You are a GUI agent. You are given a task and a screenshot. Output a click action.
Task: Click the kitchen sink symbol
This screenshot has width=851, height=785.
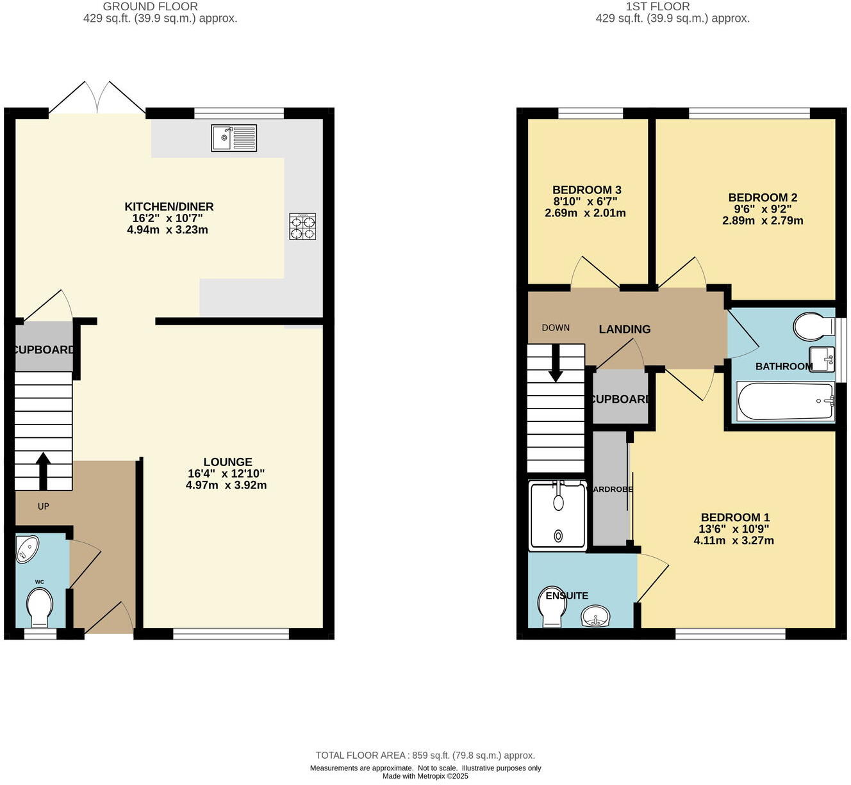pos(234,138)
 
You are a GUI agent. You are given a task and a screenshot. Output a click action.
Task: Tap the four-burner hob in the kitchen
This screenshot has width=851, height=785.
pos(302,226)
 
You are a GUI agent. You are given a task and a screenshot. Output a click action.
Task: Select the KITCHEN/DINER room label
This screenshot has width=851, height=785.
pos(169,207)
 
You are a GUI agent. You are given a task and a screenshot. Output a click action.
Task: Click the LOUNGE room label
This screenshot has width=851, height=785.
pos(227,462)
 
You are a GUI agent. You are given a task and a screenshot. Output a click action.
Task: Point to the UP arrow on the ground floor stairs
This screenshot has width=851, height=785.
pos(43,471)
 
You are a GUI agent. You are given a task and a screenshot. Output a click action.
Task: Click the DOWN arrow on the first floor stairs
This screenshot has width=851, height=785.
pos(556,364)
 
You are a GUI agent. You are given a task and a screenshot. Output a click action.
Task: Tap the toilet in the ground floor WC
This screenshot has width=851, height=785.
pos(40,607)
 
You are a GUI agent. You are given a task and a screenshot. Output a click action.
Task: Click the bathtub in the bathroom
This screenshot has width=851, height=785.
pos(786,401)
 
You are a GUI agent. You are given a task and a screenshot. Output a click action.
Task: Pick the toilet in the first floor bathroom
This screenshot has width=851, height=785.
pos(812,327)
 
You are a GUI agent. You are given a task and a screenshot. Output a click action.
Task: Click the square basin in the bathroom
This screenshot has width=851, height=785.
pos(822,359)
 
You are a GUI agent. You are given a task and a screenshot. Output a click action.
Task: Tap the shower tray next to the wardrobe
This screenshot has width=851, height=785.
pos(558,516)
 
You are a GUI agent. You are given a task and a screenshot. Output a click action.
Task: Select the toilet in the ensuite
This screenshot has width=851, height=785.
pos(552,606)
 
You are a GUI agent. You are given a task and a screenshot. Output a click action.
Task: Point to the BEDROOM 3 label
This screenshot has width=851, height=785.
pos(586,190)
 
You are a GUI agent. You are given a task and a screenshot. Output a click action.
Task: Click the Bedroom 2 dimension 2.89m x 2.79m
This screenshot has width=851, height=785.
pos(763,221)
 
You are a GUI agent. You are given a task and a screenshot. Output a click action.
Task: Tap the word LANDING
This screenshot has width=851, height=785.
pos(624,329)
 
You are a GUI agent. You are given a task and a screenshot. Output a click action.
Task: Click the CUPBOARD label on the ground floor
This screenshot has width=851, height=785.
pos(44,350)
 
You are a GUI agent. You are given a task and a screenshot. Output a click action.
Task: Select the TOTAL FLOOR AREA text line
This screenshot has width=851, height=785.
pos(425,756)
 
